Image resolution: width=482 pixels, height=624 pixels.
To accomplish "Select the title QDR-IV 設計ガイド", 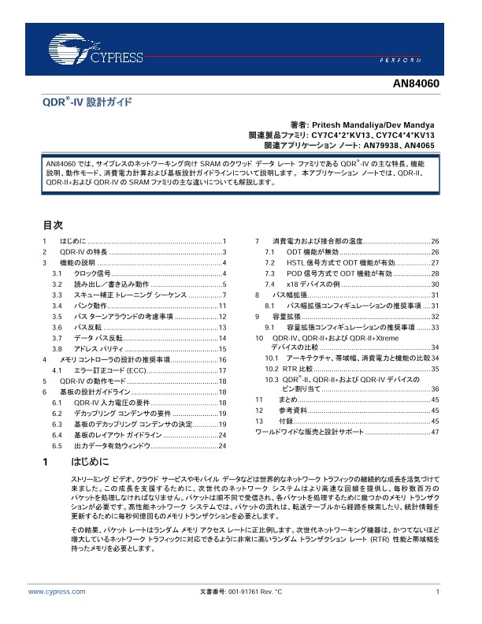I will click(87, 103).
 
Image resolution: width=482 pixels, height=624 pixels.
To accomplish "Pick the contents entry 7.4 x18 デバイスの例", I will click(313, 283).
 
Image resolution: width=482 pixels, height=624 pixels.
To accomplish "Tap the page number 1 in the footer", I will click(436, 591).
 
